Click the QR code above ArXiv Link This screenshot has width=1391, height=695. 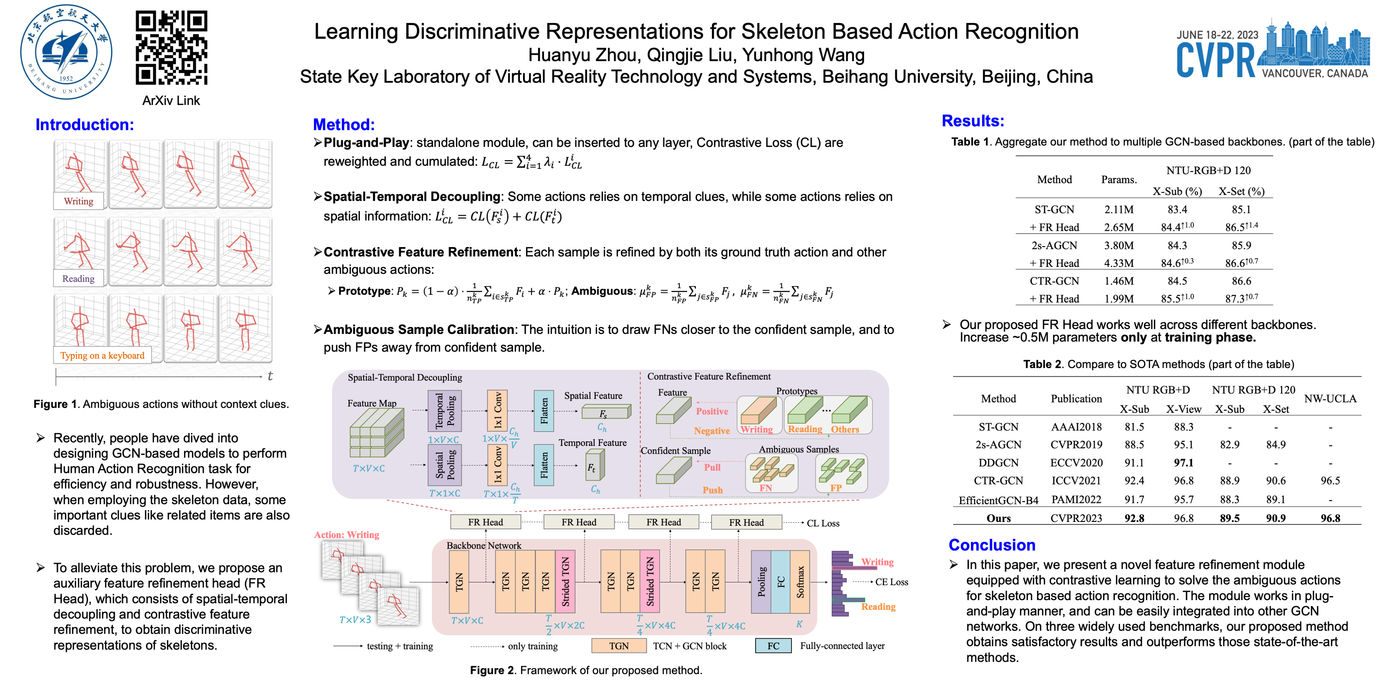tap(171, 48)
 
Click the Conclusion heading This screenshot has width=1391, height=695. tap(991, 545)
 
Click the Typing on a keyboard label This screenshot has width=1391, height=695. tap(102, 355)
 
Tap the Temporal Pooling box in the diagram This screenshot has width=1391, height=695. tap(444, 411)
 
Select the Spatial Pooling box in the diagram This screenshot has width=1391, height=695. tap(444, 465)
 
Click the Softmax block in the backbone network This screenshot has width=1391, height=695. tap(800, 582)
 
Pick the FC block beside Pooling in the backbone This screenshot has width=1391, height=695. tap(780, 582)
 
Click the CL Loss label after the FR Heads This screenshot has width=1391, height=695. tap(822, 523)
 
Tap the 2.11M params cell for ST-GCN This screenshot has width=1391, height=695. tap(1118, 209)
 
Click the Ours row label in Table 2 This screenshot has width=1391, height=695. tap(998, 518)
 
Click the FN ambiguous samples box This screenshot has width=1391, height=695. tap(771, 473)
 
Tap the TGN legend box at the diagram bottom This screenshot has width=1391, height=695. tap(619, 646)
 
